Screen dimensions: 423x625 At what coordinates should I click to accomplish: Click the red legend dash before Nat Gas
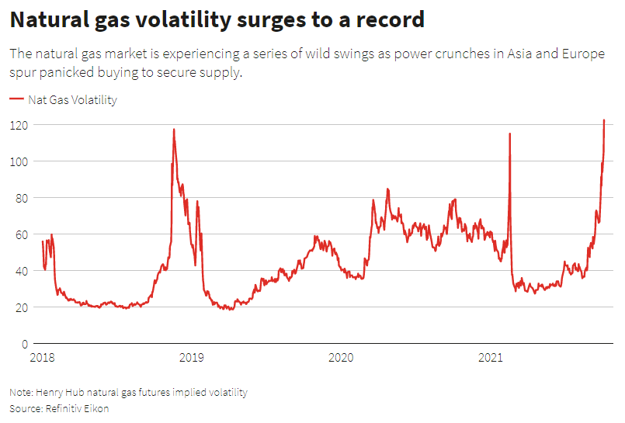tap(16, 100)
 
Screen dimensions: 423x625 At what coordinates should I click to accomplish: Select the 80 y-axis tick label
tap(21, 198)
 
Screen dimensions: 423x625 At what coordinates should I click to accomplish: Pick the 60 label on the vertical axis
tap(21, 234)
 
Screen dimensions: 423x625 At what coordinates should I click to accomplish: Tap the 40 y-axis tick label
tap(21, 271)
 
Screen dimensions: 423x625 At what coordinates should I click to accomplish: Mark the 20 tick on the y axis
tap(21, 307)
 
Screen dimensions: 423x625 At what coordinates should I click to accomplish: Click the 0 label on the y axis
tap(24, 344)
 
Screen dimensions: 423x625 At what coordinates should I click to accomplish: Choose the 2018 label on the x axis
tap(43, 358)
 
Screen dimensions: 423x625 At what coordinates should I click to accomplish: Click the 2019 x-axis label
tap(192, 358)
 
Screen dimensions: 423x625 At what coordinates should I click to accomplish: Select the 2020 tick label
tap(341, 358)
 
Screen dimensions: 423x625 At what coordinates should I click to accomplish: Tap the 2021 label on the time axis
tap(490, 358)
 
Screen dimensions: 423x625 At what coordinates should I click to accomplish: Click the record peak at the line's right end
tap(604, 120)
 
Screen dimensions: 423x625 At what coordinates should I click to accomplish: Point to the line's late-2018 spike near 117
tap(173, 130)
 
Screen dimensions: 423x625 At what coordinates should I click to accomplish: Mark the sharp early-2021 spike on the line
tap(509, 133)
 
